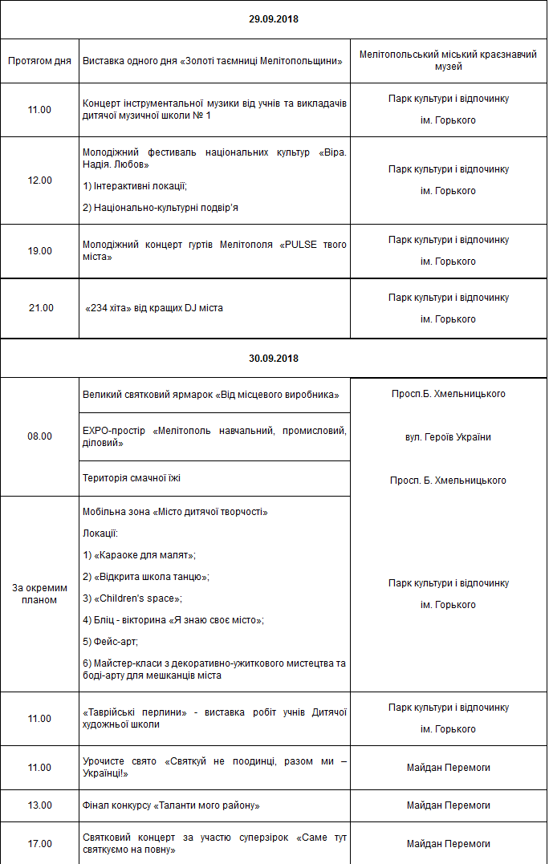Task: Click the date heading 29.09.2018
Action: pos(274,18)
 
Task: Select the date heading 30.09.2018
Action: pos(274,359)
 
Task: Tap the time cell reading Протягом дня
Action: pos(39,61)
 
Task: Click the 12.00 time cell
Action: pos(39,181)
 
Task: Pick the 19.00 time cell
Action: pos(39,251)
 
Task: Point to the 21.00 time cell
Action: pos(39,308)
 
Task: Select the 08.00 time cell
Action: pos(39,436)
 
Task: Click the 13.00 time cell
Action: pos(39,805)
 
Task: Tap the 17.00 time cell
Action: pos(39,844)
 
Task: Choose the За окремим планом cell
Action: pos(39,594)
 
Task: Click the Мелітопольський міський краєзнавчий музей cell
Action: pos(449,61)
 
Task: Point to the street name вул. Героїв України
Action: pos(449,437)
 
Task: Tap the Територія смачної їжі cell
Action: pos(132,478)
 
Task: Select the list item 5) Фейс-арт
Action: pos(111,642)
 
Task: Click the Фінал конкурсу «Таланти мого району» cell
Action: pos(171,805)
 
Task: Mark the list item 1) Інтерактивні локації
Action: pos(135,186)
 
